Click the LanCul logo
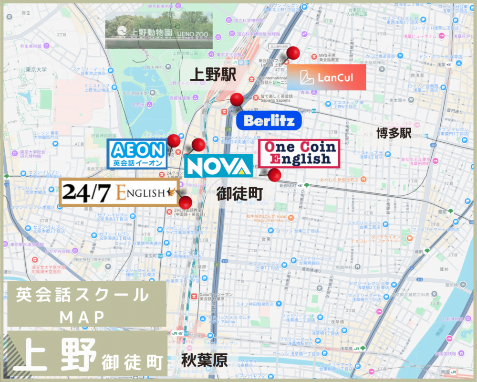pos(326,77)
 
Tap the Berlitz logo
pos(269,120)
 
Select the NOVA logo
pos(218,166)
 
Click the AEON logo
pos(137,153)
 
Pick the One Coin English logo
pos(299,153)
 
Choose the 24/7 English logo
pos(118,193)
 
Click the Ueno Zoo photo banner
pos(159,30)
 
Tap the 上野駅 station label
pos(213,74)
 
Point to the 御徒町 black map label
pos(239,194)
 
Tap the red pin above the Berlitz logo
pos(237,100)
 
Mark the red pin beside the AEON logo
pos(174,140)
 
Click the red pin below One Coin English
pos(274,175)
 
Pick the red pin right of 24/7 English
pos(186,202)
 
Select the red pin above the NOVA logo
pos(198,145)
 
